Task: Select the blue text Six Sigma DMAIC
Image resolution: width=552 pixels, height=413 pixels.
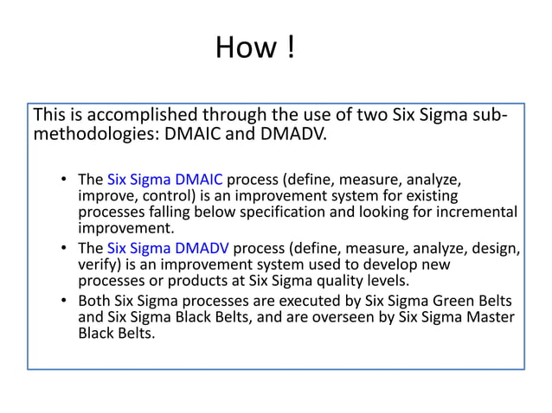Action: [165, 180]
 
